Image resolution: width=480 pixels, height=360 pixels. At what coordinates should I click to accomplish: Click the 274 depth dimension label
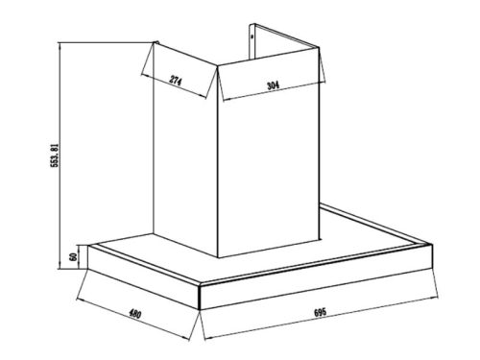coord(176,79)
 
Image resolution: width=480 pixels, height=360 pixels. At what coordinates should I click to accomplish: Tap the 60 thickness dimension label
coord(73,260)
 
